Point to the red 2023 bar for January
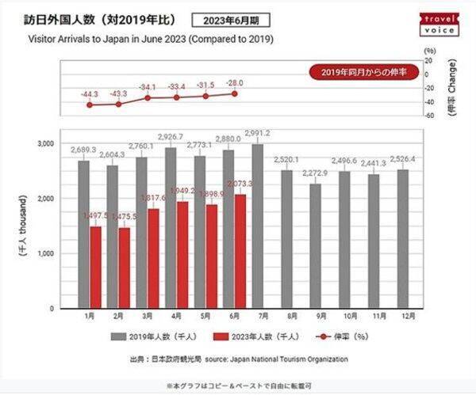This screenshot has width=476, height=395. coord(95,268)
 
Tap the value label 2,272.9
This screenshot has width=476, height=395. coord(316,173)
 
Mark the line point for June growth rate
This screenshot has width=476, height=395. coord(234,93)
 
